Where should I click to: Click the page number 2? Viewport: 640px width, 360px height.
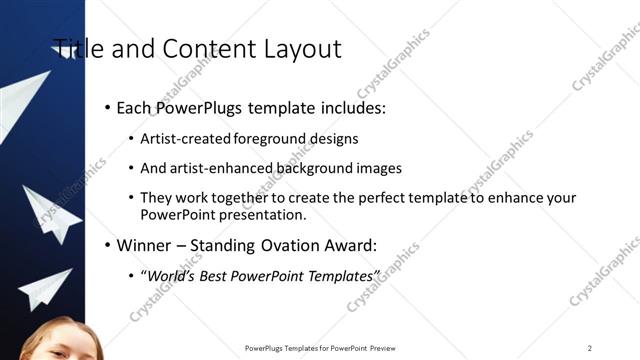coord(589,348)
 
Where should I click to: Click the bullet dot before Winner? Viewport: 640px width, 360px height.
coord(107,245)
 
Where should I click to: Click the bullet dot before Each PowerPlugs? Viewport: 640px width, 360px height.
coord(107,107)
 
